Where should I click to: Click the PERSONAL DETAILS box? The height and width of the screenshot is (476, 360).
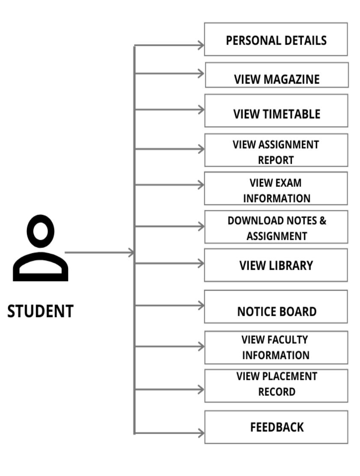pyautogui.click(x=276, y=39)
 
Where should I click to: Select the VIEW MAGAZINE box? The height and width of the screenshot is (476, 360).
pyautogui.click(x=277, y=75)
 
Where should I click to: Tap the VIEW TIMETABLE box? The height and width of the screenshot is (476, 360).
pyautogui.click(x=276, y=111)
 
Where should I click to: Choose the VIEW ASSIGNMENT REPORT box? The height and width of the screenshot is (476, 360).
pyautogui.click(x=276, y=150)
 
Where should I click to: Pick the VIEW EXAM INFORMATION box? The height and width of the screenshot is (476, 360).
pyautogui.click(x=276, y=189)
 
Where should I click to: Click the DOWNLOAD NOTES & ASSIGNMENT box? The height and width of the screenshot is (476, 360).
pyautogui.click(x=276, y=227)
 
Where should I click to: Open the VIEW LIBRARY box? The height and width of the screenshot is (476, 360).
pyautogui.click(x=276, y=265)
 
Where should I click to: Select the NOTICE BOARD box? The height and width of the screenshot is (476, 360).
pyautogui.click(x=276, y=306)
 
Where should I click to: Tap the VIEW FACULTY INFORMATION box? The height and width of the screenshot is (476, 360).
pyautogui.click(x=276, y=347)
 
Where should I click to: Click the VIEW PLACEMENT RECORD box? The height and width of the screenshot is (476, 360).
pyautogui.click(x=276, y=385)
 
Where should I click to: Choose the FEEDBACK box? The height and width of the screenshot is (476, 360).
pyautogui.click(x=276, y=427)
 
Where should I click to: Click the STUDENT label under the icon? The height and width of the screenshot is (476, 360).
pyautogui.click(x=41, y=311)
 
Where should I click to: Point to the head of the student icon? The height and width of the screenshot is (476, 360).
pyautogui.click(x=41, y=230)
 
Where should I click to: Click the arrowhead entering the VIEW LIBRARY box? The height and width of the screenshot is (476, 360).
pyautogui.click(x=201, y=263)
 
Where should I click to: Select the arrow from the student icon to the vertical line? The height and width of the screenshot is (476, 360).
pyautogui.click(x=98, y=253)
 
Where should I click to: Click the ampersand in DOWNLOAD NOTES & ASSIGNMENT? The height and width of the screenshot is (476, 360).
pyautogui.click(x=322, y=221)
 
